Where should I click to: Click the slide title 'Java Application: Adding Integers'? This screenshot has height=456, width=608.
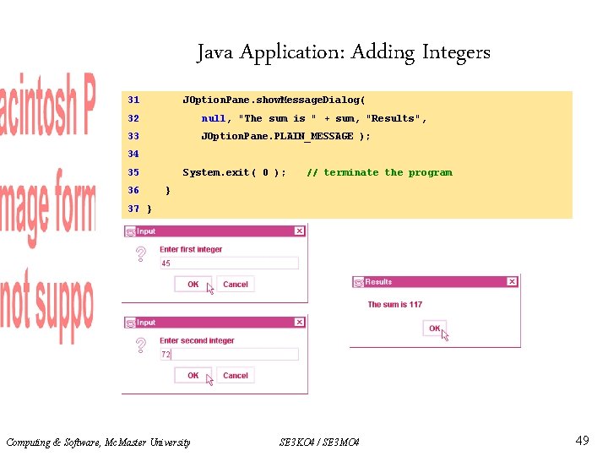point(344,52)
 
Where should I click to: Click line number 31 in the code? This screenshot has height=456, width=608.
point(133,100)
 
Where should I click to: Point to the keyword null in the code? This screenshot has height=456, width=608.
point(214,118)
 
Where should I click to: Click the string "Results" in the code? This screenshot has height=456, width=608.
point(394,118)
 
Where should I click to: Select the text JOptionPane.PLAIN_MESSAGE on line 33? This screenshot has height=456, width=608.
point(277,136)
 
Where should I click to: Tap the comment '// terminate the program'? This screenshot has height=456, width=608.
point(379,172)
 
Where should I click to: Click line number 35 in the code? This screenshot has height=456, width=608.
point(133,172)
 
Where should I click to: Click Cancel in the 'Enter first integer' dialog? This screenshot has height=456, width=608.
point(236,285)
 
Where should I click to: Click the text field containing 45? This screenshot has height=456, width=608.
point(228,263)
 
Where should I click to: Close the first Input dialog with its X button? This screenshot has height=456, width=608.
point(299,231)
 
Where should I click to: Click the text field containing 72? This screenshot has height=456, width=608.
point(228,355)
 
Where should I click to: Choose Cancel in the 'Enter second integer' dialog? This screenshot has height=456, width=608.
point(236,376)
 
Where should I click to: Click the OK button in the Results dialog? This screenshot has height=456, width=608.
point(434,328)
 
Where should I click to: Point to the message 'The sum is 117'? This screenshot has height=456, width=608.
point(395,305)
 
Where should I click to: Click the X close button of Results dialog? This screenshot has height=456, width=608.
point(511,282)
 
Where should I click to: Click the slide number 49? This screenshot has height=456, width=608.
point(582,441)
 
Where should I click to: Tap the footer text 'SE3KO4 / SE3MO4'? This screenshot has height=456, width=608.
point(319,442)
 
